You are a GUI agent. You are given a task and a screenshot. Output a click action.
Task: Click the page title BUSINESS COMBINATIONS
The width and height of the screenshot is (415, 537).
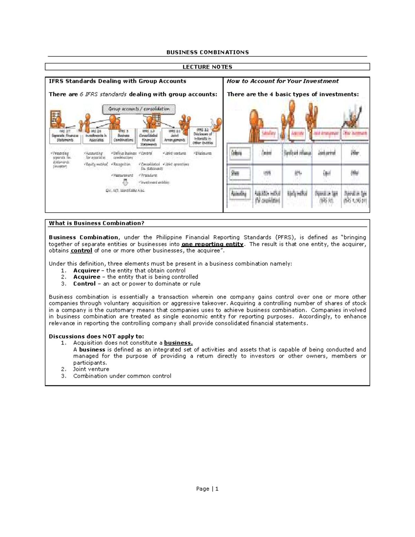pyautogui.click(x=207, y=52)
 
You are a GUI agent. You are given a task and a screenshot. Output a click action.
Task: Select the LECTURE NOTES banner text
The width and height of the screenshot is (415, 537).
pyautogui.click(x=207, y=67)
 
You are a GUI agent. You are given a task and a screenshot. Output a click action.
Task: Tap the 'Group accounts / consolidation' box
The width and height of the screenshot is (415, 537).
pyautogui.click(x=139, y=109)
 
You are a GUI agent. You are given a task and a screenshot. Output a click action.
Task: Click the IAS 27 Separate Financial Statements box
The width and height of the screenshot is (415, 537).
pyautogui.click(x=65, y=136)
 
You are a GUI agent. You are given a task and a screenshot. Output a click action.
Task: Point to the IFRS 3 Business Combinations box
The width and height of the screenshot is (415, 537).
pyautogui.click(x=123, y=136)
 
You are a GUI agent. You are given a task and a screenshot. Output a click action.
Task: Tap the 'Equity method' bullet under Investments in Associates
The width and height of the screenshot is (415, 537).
pyautogui.click(x=96, y=164)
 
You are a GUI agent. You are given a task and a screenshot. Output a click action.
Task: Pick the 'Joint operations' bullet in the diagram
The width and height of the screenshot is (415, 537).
pyautogui.click(x=176, y=164)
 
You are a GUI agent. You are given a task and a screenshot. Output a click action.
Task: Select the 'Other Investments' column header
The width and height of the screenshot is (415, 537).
pyautogui.click(x=355, y=133)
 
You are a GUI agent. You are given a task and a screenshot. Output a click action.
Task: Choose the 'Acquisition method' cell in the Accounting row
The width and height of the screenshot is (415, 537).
pyautogui.click(x=267, y=196)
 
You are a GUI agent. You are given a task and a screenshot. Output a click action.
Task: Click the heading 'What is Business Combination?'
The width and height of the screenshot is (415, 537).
pyautogui.click(x=96, y=223)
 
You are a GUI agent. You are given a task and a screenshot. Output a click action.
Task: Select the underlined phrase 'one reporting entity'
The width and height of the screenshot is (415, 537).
pyautogui.click(x=212, y=244)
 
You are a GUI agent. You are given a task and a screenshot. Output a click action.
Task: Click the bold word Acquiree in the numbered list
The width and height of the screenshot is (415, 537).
pyautogui.click(x=86, y=277)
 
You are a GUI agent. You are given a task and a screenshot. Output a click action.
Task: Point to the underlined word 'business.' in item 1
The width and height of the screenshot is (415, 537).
pyautogui.click(x=178, y=343)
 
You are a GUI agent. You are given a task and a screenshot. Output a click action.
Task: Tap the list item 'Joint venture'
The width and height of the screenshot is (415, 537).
pyautogui.click(x=91, y=369)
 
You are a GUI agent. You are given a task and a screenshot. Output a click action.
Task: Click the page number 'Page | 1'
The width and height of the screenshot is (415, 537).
pyautogui.click(x=207, y=489)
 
